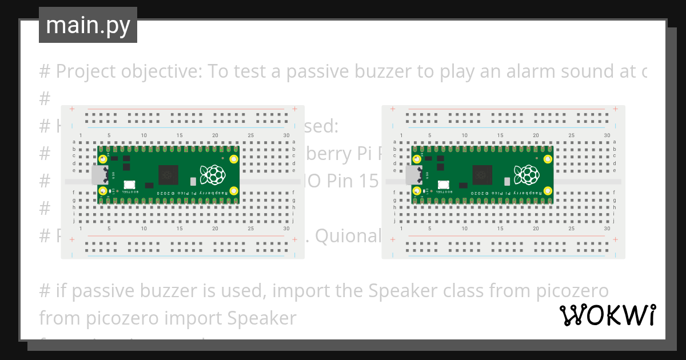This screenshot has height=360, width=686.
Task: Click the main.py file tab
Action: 87,25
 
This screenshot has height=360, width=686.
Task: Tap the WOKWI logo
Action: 607,315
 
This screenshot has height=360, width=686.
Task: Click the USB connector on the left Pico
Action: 99,175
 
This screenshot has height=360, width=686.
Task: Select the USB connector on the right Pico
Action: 413,175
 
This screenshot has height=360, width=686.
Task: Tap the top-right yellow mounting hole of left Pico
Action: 233,159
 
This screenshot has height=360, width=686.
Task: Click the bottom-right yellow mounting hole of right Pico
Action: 547,190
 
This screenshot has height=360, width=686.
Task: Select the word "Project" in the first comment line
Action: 89,72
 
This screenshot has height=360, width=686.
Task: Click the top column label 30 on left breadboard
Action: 286,135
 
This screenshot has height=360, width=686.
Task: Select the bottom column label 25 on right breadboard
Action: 571,228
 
